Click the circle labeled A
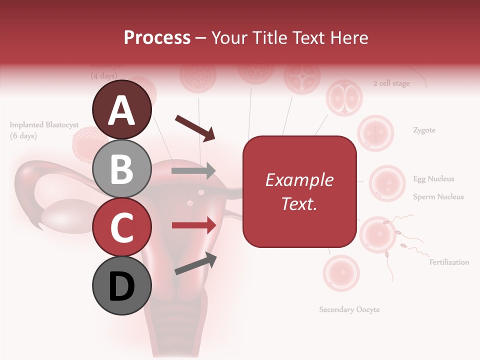(x=122, y=109)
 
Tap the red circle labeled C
(x=122, y=227)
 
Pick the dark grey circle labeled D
(x=122, y=286)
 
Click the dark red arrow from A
(x=195, y=127)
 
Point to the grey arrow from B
(x=193, y=171)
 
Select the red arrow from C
(x=193, y=225)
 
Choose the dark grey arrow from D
(x=195, y=263)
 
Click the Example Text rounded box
(x=299, y=191)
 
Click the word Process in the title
(x=157, y=37)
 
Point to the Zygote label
(x=424, y=130)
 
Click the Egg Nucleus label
(x=433, y=178)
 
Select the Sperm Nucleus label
(x=438, y=197)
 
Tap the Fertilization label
(x=449, y=262)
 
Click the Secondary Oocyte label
(x=349, y=309)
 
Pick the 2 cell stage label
(x=391, y=83)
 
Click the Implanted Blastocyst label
(x=44, y=125)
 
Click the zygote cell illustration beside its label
(x=375, y=133)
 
